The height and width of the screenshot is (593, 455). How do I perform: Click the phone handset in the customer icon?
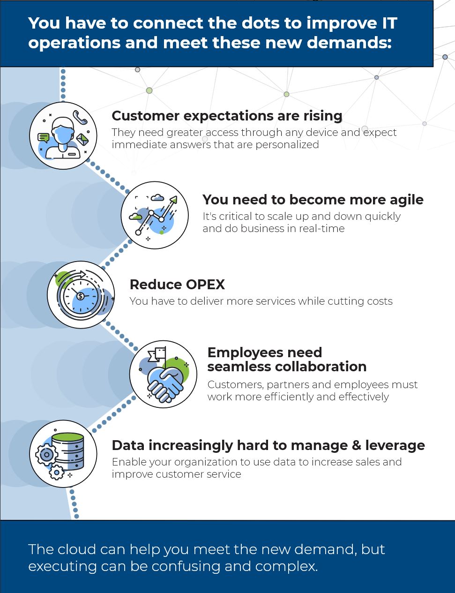click(x=80, y=117)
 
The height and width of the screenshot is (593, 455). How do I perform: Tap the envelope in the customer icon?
click(x=82, y=139)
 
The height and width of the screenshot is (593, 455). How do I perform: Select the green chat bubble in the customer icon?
click(x=44, y=137)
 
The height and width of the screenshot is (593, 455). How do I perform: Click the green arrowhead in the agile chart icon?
click(x=173, y=200)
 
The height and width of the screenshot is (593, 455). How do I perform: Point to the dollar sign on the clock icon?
click(x=81, y=296)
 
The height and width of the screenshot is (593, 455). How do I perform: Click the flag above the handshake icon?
click(x=157, y=355)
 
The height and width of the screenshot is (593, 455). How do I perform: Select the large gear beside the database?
click(x=46, y=455)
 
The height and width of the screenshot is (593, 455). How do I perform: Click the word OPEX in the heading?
click(x=205, y=285)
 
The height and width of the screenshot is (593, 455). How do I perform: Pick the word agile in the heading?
click(x=406, y=200)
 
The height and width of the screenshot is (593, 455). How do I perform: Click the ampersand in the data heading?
click(x=356, y=445)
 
